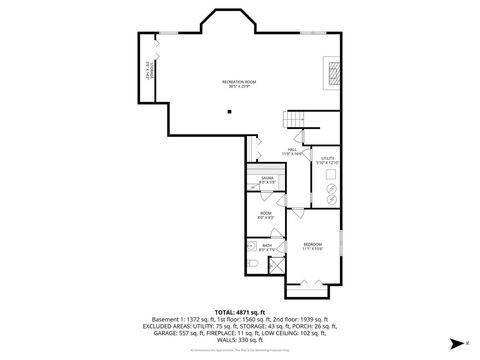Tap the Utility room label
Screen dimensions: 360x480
pyautogui.click(x=328, y=161)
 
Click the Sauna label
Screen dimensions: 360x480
pyautogui.click(x=267, y=180)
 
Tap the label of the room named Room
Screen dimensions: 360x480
pyautogui.click(x=266, y=215)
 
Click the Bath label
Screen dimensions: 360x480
pyautogui.click(x=267, y=247)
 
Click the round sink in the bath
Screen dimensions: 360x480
pyautogui.click(x=252, y=243)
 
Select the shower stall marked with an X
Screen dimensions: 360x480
pyautogui.click(x=277, y=264)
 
